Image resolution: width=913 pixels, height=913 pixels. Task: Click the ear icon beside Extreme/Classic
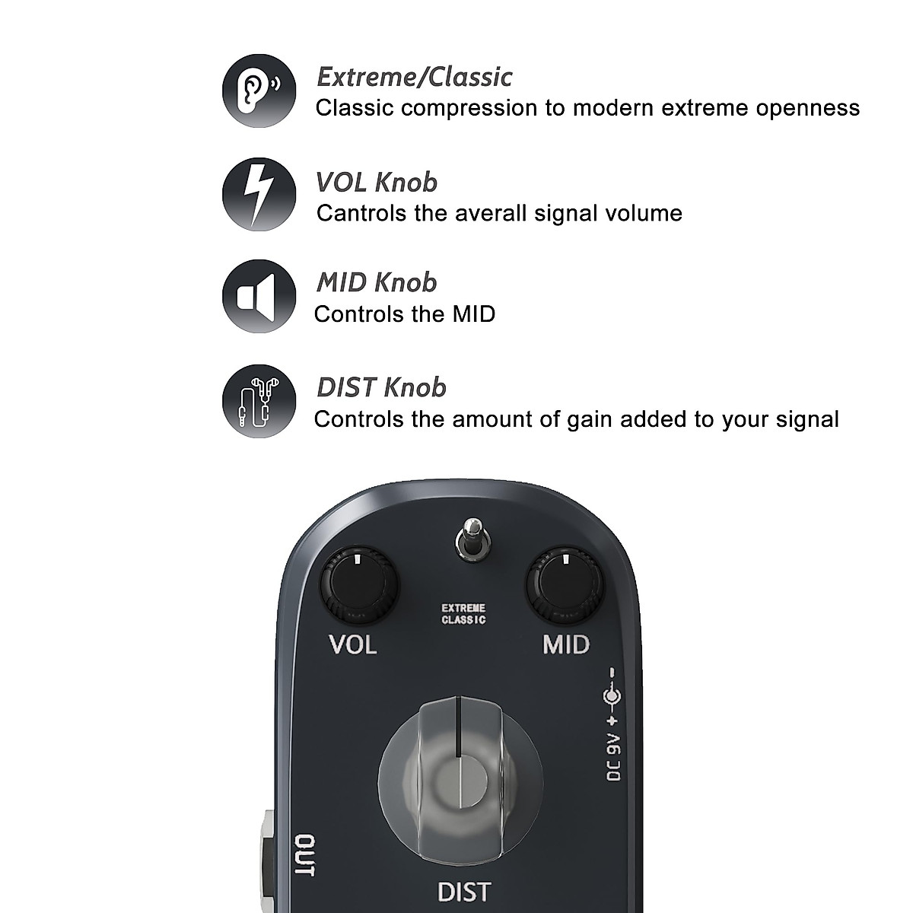point(259,91)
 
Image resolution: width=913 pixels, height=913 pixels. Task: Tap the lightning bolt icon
point(259,194)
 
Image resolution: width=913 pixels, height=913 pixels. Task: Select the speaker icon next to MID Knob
point(259,296)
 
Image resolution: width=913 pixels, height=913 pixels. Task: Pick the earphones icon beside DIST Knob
point(259,401)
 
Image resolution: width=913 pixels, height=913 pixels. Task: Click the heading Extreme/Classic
point(414,77)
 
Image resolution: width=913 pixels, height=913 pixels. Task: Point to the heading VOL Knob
point(377,183)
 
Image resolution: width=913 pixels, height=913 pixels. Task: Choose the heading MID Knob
point(377,283)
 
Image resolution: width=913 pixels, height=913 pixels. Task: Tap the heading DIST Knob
point(381,388)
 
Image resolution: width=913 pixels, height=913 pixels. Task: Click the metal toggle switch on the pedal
point(472,539)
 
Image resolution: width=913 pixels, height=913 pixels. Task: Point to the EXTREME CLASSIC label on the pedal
point(463,614)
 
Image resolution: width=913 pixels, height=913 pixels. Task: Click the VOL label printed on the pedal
point(352,645)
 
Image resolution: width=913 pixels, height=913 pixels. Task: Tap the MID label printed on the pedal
point(565,645)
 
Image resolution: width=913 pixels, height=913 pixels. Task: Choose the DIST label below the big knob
point(464,891)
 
